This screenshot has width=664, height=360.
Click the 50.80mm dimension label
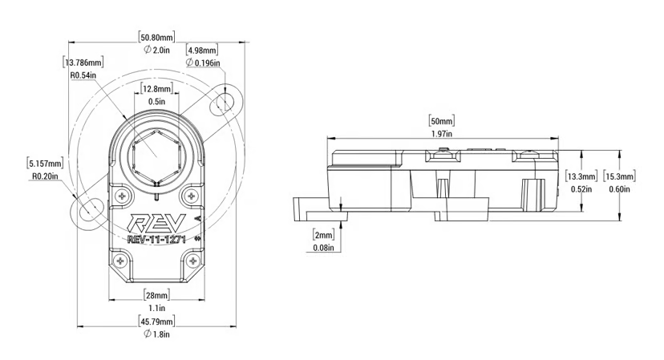[x=157, y=36]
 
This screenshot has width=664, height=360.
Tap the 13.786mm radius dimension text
[x=83, y=62]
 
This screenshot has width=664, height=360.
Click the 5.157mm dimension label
[x=45, y=162]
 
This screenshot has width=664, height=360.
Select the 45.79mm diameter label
[x=156, y=322]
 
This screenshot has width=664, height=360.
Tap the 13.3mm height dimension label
[x=581, y=176]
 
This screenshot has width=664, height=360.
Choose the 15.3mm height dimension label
[x=621, y=176]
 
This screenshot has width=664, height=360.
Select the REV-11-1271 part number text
[x=157, y=238]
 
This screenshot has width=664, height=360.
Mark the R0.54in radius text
[x=83, y=75]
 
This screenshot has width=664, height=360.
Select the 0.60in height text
[x=621, y=189]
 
